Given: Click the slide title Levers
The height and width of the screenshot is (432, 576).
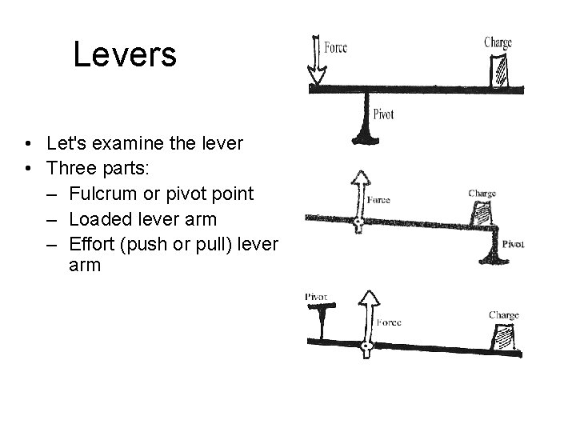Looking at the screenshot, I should point(124,54).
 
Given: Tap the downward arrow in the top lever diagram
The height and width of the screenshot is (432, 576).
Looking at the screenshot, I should point(317,61).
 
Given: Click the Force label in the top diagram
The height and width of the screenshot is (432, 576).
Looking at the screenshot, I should point(335,48).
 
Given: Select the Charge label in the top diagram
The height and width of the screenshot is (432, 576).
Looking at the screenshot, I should point(497,42).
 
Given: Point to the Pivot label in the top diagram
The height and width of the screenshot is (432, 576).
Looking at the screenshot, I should point(383,115).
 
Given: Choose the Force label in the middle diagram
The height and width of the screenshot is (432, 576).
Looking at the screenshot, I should point(378,200).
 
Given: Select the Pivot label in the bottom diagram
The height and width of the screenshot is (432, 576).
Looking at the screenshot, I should point(316,297).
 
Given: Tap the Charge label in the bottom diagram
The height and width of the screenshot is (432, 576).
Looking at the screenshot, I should point(503,315).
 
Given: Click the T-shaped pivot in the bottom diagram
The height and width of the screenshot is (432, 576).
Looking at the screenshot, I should point(322,321).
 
